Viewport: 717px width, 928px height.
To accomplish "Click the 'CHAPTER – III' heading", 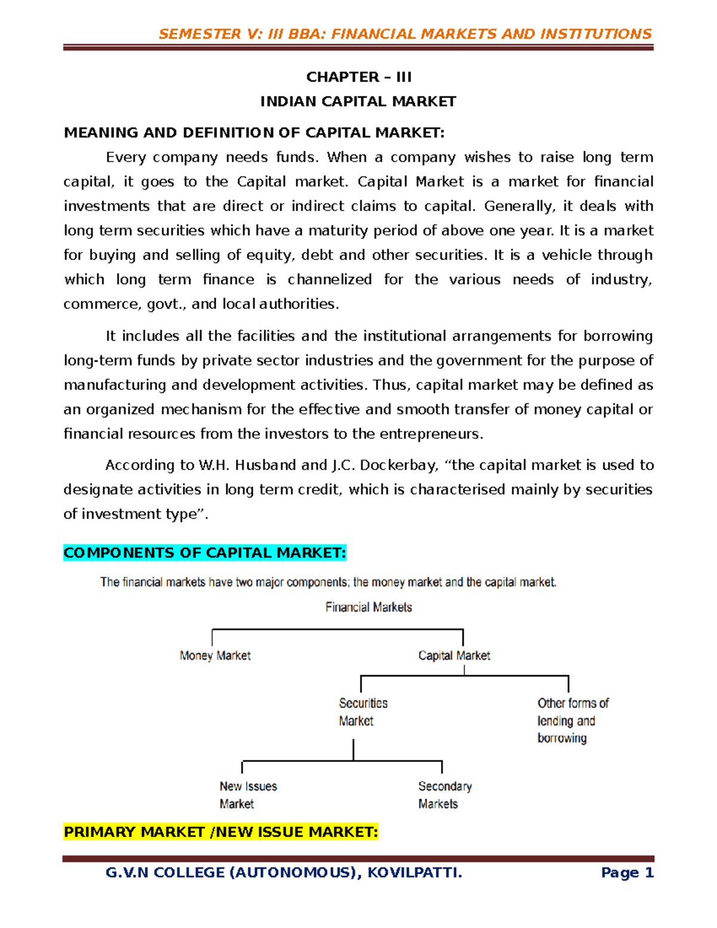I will pyautogui.click(x=358, y=77).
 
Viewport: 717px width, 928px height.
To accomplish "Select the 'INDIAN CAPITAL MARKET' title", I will pyautogui.click(x=358, y=102).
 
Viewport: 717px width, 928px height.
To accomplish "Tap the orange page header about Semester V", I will pyautogui.click(x=405, y=34).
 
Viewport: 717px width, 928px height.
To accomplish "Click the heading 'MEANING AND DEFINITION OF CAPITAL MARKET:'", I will pyautogui.click(x=254, y=133).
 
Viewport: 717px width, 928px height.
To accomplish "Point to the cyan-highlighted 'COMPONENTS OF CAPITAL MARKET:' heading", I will pyautogui.click(x=204, y=553).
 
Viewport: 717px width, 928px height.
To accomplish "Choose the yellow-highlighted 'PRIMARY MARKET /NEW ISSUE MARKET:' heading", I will pyautogui.click(x=220, y=832).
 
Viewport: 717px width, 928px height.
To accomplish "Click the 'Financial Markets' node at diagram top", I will pyautogui.click(x=369, y=607).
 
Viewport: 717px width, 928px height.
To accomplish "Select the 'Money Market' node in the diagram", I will pyautogui.click(x=215, y=656).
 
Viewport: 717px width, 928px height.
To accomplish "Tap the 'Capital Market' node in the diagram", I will pyautogui.click(x=454, y=656).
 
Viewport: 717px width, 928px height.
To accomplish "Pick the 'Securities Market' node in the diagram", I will pyautogui.click(x=363, y=712).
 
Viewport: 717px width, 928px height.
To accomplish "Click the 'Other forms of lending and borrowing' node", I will pyautogui.click(x=572, y=721).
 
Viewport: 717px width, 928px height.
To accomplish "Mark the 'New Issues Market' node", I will pyautogui.click(x=247, y=795).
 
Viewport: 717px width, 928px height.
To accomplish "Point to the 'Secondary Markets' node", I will pyautogui.click(x=445, y=795).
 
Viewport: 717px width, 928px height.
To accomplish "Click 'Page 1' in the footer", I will pyautogui.click(x=627, y=873).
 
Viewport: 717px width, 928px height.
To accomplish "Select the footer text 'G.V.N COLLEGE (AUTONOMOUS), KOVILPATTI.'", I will pyautogui.click(x=284, y=873).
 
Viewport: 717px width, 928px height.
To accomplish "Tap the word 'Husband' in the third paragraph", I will pyautogui.click(x=266, y=465).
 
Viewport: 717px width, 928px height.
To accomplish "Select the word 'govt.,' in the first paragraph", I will pyautogui.click(x=167, y=304).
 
